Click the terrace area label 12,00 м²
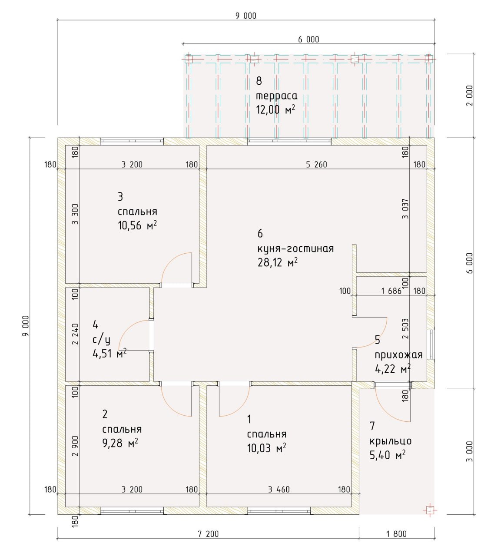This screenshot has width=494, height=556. click(276, 109)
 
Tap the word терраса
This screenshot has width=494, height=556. click(276, 96)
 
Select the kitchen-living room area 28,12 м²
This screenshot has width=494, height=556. click(277, 262)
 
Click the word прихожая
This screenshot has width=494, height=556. click(398, 355)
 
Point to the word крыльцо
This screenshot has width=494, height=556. click(391, 441)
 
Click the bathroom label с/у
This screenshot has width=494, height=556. click(101, 340)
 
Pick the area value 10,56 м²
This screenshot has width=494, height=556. click(137, 225)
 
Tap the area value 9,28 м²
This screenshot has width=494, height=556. click(120, 443)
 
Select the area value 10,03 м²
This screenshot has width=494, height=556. click(267, 448)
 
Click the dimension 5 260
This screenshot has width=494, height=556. click(316, 164)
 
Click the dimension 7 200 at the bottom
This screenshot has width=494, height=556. click(208, 542)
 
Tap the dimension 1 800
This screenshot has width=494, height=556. click(396, 542)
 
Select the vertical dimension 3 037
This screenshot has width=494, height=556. click(405, 208)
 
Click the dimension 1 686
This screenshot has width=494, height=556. click(391, 291)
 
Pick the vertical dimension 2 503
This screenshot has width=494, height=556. click(405, 328)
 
